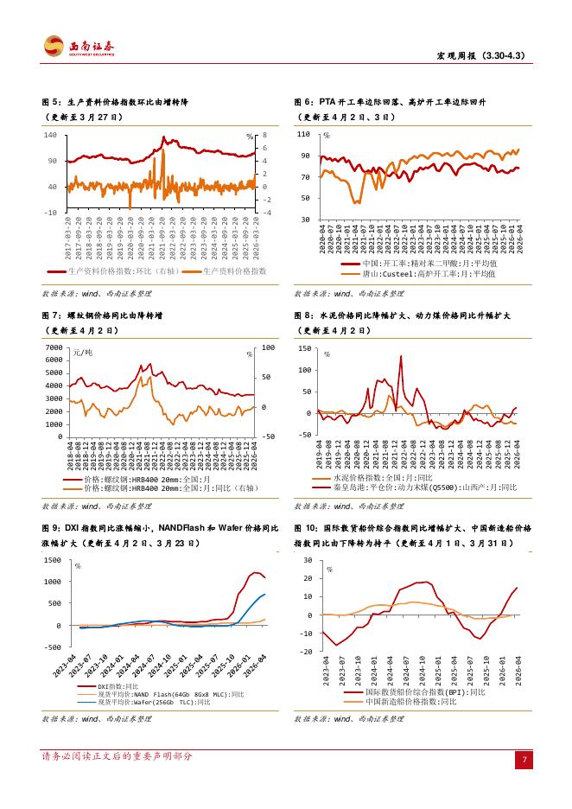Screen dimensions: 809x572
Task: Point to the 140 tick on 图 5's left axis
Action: pyautogui.click(x=50, y=136)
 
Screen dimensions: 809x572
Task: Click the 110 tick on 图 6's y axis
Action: pyautogui.click(x=303, y=135)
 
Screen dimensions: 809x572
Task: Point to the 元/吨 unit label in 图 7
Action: pyautogui.click(x=82, y=354)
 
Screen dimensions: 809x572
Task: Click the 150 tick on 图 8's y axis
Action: pyautogui.click(x=303, y=348)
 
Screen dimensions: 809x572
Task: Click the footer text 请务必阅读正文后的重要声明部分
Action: pyautogui.click(x=117, y=756)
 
